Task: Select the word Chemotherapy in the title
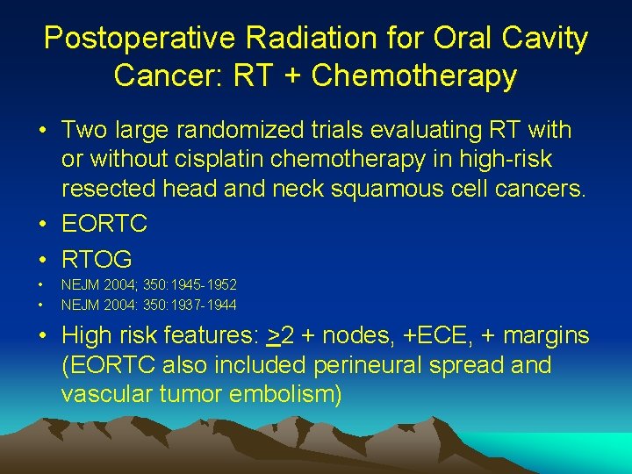click(x=414, y=76)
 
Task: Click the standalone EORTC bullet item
click(x=104, y=225)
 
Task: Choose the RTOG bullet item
click(x=97, y=259)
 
